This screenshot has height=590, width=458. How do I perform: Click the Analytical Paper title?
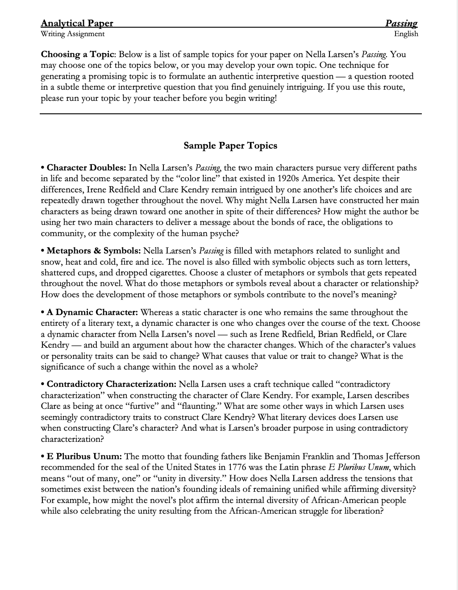click(x=77, y=23)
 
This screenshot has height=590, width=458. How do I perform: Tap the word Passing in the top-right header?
click(x=401, y=23)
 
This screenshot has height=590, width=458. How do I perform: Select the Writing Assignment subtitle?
click(x=72, y=34)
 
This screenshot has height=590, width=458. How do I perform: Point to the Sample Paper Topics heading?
click(x=230, y=145)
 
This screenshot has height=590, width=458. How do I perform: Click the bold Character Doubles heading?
click(x=86, y=168)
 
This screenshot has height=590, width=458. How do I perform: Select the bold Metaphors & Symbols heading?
click(x=94, y=251)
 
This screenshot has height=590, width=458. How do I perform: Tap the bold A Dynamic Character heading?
click(x=92, y=312)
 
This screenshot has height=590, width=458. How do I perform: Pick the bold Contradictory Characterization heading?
click(x=112, y=384)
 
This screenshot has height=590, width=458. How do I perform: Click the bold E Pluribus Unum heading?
click(x=84, y=457)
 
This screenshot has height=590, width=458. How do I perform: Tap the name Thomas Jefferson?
click(x=386, y=457)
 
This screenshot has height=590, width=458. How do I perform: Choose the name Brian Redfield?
click(x=344, y=334)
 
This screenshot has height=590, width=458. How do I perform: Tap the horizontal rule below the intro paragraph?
click(x=230, y=114)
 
